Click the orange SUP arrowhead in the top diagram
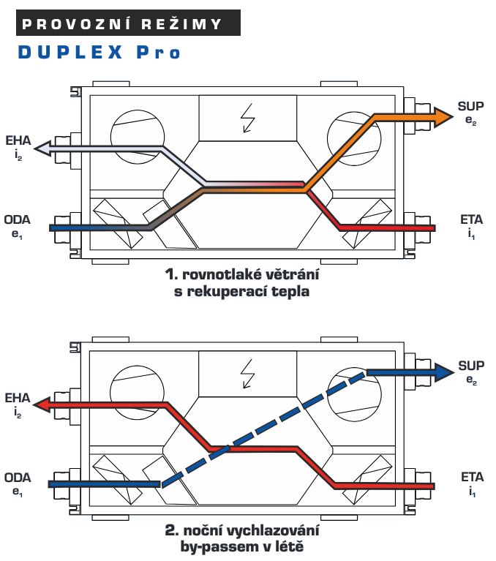(443, 116)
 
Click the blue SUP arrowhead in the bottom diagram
(444, 372)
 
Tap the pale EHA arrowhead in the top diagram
(43, 148)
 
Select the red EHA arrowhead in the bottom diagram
(42, 404)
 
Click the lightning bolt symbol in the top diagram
(248, 118)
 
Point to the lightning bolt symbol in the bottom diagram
(248, 374)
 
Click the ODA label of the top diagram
(17, 219)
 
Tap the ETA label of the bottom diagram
(473, 477)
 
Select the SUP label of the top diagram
(471, 106)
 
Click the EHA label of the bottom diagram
(18, 398)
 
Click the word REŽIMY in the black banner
(181, 24)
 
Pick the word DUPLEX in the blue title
(70, 52)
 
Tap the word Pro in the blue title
(158, 52)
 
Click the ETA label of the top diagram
(472, 219)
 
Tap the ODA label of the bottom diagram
(18, 478)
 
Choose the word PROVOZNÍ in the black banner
(75, 24)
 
